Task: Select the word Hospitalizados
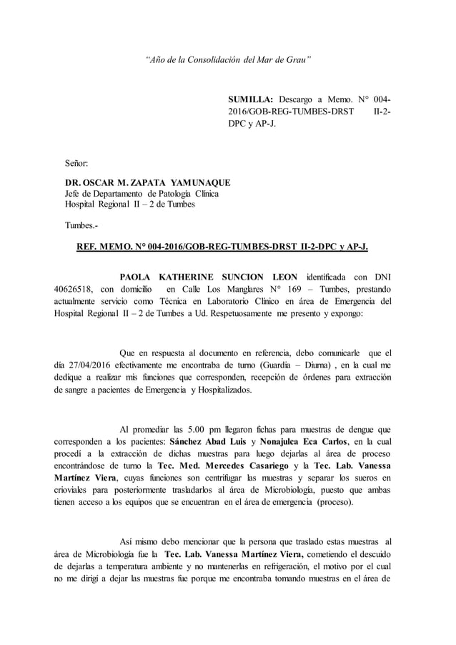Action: pyautogui.click(x=223, y=390)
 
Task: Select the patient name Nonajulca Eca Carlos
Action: pyautogui.click(x=310, y=442)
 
